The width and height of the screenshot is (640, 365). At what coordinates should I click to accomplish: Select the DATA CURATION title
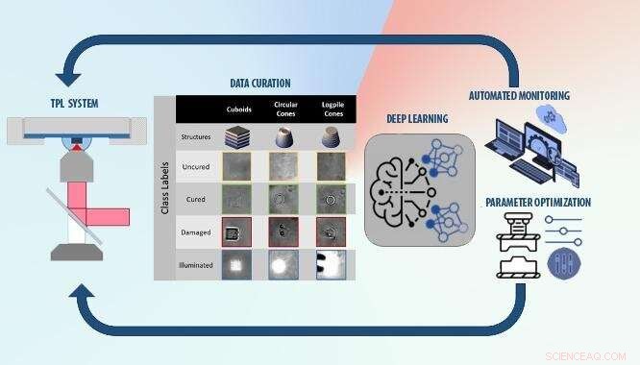260,84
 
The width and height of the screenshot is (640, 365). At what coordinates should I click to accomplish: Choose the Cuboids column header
238,109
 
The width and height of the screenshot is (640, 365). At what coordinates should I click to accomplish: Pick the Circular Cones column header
284,109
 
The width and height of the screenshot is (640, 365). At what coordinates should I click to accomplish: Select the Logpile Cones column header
331,109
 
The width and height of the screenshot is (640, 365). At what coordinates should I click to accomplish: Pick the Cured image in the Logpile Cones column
331,200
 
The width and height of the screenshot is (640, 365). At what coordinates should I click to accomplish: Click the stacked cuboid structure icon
238,137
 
